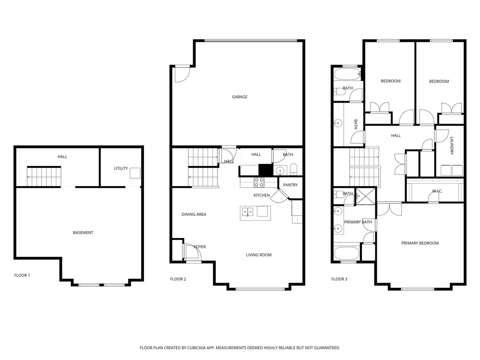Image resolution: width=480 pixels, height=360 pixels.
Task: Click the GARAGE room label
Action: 240,97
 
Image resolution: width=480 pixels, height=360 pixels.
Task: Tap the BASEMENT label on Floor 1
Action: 83,233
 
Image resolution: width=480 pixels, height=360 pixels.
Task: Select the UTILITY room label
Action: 121,168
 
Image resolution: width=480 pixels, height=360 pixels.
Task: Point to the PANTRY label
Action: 290,185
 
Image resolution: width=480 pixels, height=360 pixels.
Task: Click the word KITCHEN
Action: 262,195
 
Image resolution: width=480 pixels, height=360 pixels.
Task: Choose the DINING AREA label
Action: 194,215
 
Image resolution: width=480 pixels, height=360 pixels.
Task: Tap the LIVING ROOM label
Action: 259,255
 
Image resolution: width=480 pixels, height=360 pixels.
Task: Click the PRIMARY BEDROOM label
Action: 420,243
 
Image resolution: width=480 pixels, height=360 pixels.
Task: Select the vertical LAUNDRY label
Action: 452,146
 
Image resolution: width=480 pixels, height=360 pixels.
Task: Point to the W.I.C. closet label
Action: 437,191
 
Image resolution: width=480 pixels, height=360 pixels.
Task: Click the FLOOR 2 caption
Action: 178,279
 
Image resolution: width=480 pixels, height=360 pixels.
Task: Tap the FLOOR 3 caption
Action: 339,279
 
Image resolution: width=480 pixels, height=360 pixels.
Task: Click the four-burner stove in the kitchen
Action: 259,182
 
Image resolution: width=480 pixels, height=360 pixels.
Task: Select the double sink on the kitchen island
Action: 247,212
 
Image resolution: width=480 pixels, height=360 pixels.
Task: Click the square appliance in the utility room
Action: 135,172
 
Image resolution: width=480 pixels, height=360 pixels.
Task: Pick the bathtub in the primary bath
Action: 346,253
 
